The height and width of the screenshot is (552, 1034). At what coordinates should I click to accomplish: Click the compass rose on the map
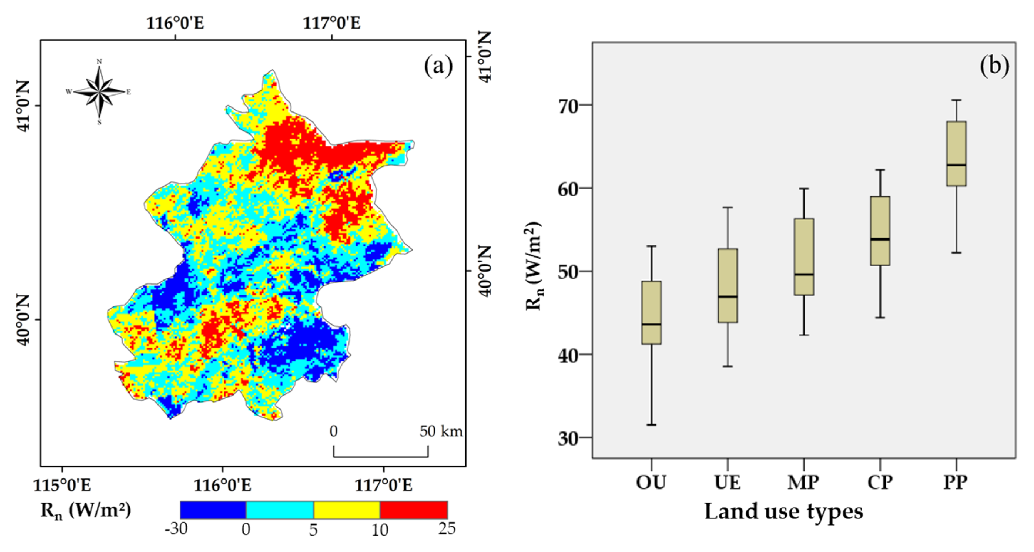click(99, 92)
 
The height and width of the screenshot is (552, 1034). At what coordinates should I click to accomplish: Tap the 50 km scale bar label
click(441, 431)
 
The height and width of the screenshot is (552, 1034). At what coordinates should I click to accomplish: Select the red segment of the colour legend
click(413, 510)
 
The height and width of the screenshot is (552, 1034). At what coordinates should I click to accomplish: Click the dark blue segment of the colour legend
click(213, 510)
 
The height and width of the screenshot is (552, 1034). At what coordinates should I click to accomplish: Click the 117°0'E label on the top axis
click(331, 23)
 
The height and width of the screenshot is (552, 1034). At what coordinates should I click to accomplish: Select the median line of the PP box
click(956, 165)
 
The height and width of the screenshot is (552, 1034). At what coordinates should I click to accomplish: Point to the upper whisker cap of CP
click(880, 170)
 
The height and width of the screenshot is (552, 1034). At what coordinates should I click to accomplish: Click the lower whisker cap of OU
click(651, 425)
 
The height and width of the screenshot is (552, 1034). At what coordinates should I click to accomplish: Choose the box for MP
click(804, 257)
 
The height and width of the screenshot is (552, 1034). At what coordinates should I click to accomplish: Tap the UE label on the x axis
click(727, 482)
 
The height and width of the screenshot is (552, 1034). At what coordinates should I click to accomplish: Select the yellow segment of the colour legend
click(346, 510)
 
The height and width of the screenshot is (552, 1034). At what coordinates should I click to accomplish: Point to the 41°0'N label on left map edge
click(23, 106)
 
